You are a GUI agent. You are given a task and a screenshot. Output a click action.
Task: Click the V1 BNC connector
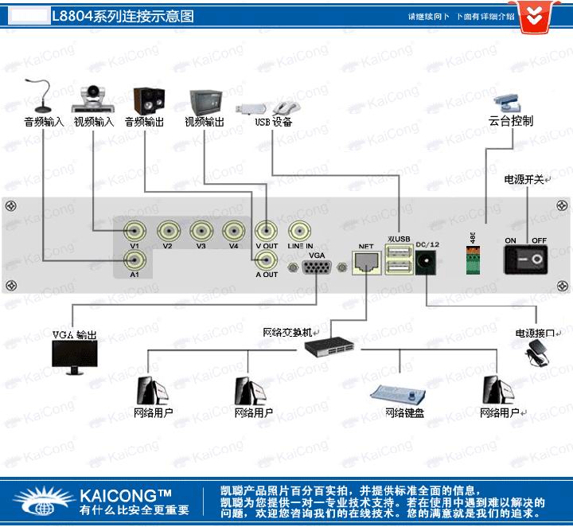(134, 232)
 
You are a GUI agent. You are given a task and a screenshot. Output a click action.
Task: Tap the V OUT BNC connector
(266, 232)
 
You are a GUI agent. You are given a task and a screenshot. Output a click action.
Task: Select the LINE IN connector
(299, 232)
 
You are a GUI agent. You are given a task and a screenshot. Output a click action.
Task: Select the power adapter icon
(539, 353)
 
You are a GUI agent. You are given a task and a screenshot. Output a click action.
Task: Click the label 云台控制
(511, 121)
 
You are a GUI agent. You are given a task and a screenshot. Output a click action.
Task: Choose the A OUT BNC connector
(266, 260)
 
